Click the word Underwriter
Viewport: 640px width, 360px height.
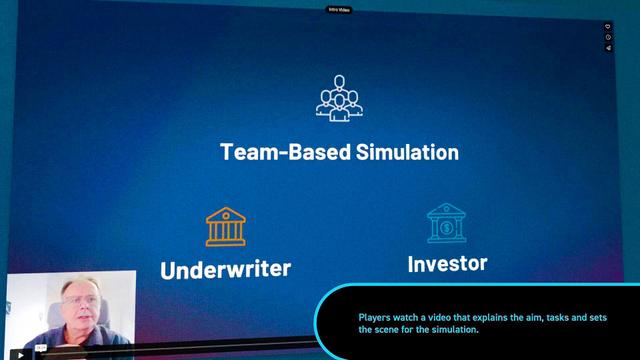(x=225, y=269)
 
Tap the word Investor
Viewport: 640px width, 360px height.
(x=447, y=263)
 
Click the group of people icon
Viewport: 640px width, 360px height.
(x=339, y=96)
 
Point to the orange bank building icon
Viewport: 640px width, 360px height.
(x=226, y=227)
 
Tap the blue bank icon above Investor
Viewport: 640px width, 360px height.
(x=446, y=224)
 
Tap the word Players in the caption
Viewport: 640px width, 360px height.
(x=377, y=318)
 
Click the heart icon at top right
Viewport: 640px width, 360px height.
(x=607, y=27)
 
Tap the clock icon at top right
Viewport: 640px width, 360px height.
(x=607, y=38)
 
